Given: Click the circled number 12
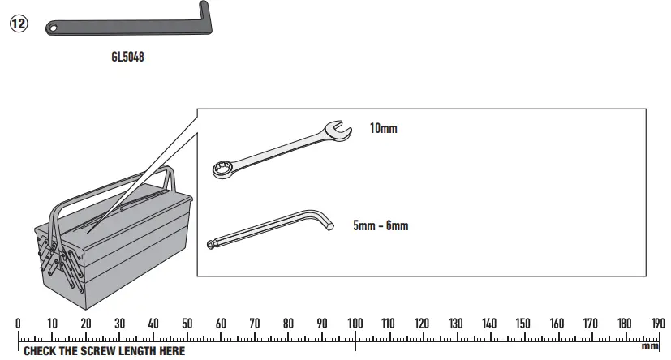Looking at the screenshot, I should tap(18, 24).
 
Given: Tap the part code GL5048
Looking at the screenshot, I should tap(127, 58).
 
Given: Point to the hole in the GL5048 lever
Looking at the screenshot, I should tap(54, 28).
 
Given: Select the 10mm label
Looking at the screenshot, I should tap(384, 128).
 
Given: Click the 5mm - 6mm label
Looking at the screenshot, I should tap(381, 226).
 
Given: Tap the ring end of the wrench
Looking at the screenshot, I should tap(221, 169).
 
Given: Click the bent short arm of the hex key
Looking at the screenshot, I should tap(323, 220).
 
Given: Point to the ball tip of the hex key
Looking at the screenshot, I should tap(213, 244).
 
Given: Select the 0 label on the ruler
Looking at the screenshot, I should tap(18, 324).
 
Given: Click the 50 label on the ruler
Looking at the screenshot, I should tap(187, 324).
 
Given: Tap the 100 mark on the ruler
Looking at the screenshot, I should tap(355, 324).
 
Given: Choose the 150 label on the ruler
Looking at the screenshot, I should tap(523, 324).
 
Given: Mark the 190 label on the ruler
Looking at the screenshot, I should tap(657, 324).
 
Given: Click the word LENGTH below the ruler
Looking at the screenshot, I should tap(133, 351).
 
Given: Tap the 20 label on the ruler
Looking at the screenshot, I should tap(86, 324).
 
